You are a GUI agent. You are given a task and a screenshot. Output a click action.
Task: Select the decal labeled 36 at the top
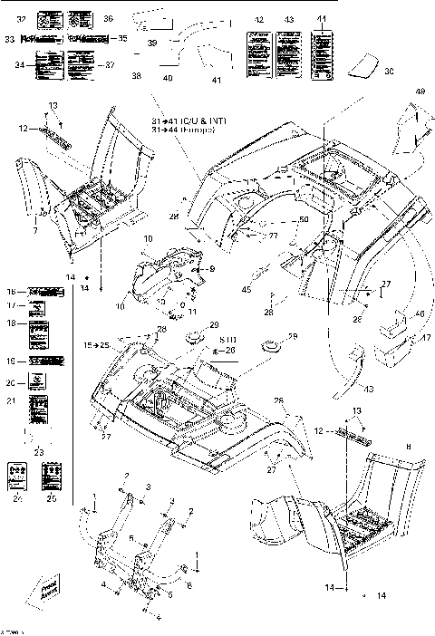coord(81,18)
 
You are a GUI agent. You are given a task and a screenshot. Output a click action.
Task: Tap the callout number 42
coord(259,19)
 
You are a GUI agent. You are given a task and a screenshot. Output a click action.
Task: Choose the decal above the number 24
coord(17,472)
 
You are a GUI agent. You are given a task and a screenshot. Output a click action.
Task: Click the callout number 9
coord(211,269)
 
